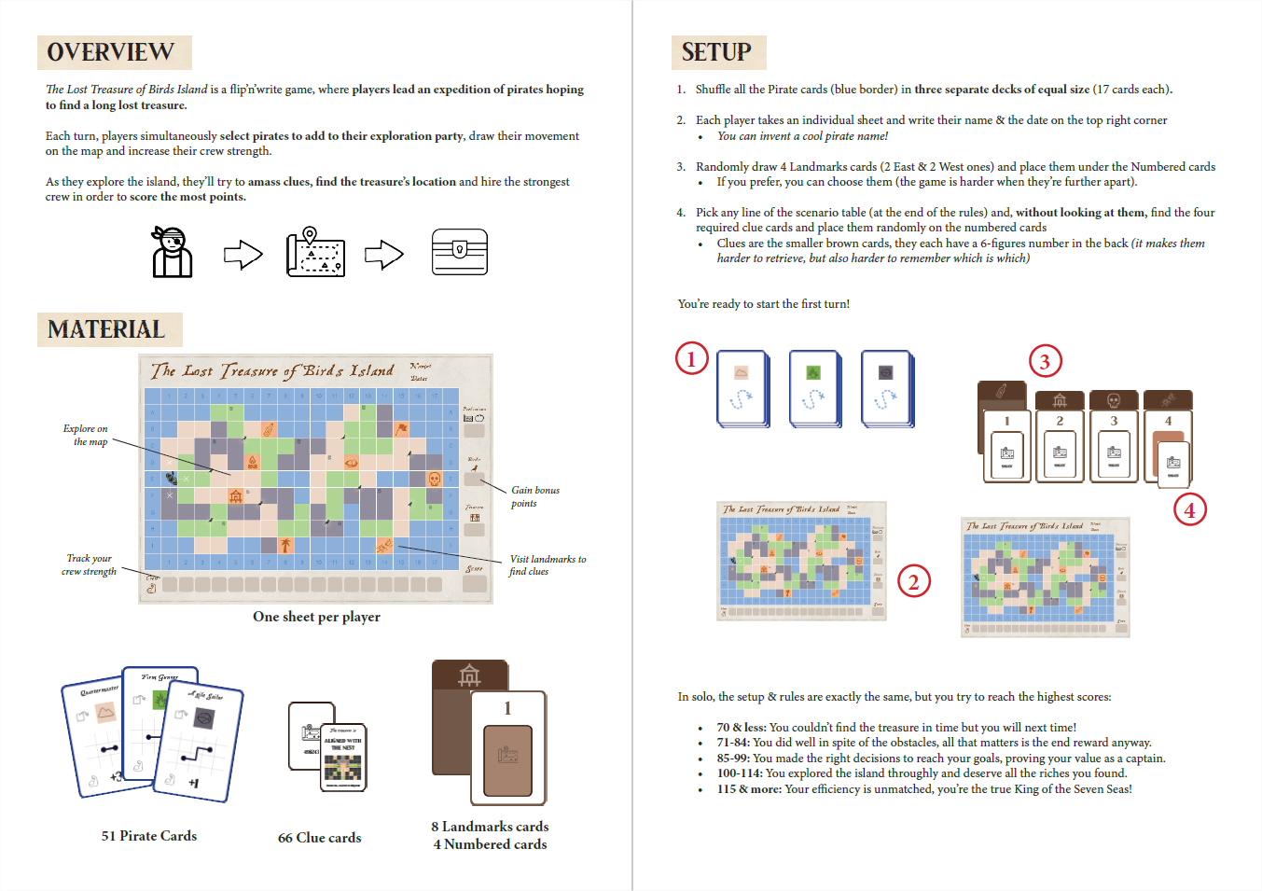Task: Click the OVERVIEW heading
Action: [x=111, y=52]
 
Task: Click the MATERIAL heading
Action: [x=106, y=329]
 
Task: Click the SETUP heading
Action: [x=716, y=52]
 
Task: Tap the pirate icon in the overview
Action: [x=172, y=252]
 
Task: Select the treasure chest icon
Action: [x=460, y=252]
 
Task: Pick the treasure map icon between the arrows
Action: [x=315, y=252]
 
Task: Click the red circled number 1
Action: [x=691, y=358]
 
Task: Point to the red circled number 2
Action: [x=913, y=582]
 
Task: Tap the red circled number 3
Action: [x=1045, y=361]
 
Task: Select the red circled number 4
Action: [x=1189, y=509]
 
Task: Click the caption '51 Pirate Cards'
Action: [x=149, y=836]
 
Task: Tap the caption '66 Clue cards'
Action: [x=319, y=838]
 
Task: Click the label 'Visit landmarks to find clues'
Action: [x=547, y=565]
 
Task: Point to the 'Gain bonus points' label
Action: [x=534, y=496]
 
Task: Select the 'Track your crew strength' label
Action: [x=89, y=564]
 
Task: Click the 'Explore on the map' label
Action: [x=86, y=435]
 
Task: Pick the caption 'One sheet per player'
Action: [x=316, y=617]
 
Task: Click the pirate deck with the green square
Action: [x=813, y=388]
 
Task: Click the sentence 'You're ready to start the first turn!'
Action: [x=763, y=304]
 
